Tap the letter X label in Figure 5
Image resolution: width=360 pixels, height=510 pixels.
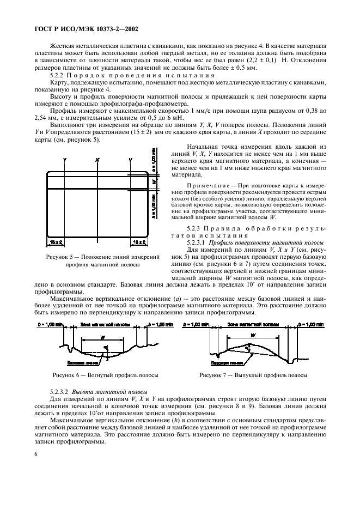point(97,160)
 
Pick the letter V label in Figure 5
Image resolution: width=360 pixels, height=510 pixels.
point(131,160)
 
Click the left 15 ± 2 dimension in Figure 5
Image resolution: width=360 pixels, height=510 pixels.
point(54,240)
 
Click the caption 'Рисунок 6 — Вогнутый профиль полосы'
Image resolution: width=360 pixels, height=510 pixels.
point(105,375)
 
